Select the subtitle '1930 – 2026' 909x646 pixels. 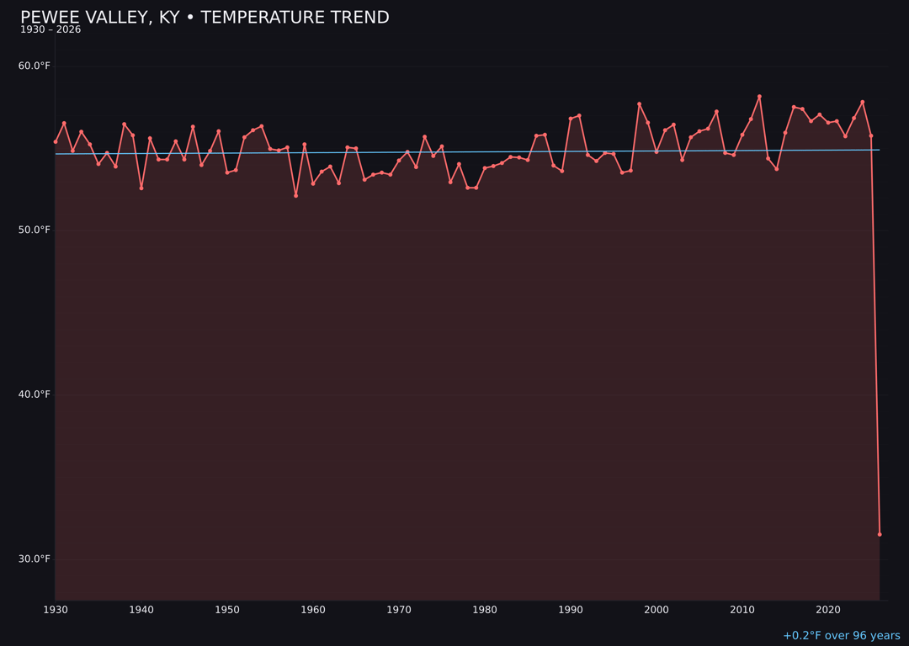[50, 29]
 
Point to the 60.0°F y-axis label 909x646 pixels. [35, 66]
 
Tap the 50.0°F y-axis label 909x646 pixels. [35, 230]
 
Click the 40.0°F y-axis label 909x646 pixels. [35, 394]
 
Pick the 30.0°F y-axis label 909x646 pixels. [35, 559]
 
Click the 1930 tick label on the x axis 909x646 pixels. [56, 610]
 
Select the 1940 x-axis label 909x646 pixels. [141, 610]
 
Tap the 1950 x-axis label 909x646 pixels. [227, 610]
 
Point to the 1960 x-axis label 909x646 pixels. [313, 610]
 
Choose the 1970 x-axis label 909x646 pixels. [399, 610]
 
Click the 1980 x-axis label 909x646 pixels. [485, 610]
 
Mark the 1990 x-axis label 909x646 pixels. [571, 610]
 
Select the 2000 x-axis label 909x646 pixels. [656, 610]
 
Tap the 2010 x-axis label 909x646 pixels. [742, 610]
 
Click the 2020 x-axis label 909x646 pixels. [828, 610]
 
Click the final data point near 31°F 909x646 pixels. [880, 534]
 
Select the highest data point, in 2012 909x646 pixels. [759, 97]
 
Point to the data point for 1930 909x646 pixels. [56, 141]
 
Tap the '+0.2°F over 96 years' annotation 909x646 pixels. [841, 636]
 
